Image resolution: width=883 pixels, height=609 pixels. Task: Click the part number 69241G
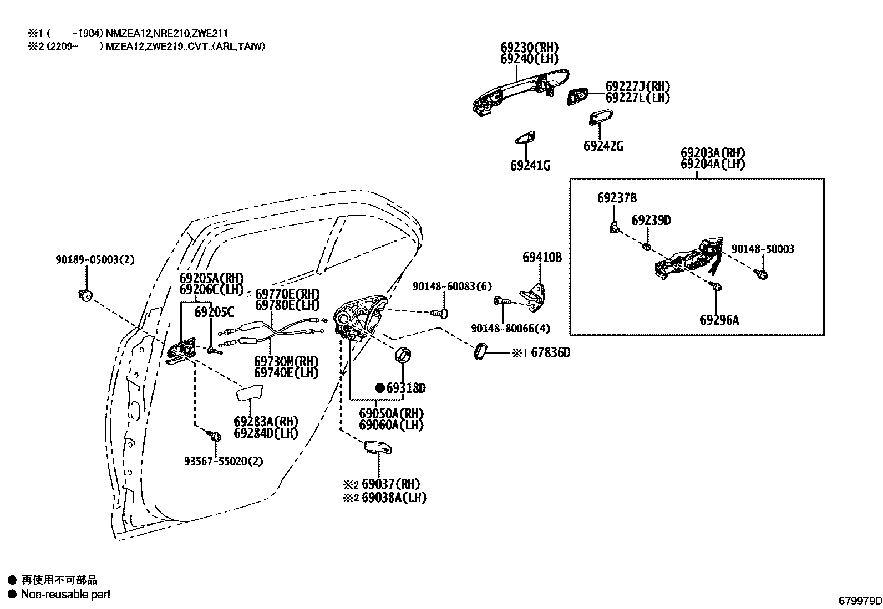coord(530,165)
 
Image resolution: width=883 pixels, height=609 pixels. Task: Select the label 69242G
coord(603,146)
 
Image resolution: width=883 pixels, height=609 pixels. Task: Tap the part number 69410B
coord(542,257)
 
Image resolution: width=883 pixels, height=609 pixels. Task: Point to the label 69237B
coord(617,198)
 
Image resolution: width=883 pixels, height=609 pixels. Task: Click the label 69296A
coord(719,320)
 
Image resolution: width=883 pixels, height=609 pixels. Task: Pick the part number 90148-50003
coord(762,249)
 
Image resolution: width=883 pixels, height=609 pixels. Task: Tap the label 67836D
coord(550,352)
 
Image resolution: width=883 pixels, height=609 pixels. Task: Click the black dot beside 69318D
coord(380,388)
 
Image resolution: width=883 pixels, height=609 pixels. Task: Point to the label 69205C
coord(214,312)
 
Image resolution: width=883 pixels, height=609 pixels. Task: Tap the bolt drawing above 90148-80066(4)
coord(503,301)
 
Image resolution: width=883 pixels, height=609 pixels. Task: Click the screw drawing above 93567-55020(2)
coord(216,436)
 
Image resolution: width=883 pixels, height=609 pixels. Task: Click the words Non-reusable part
coord(65,595)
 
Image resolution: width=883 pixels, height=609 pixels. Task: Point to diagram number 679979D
coord(860,601)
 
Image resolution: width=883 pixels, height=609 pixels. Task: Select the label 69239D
coord(651,221)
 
